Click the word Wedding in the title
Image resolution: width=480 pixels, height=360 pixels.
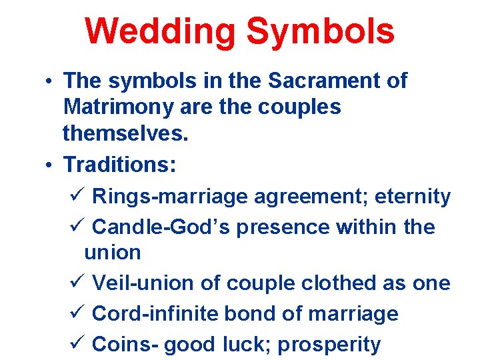tap(160, 31)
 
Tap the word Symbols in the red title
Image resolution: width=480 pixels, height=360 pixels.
tap(321, 31)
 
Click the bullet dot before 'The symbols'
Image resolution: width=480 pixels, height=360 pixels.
tap(50, 82)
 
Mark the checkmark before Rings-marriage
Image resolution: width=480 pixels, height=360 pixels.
tap(75, 197)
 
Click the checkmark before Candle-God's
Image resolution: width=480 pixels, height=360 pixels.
tap(75, 227)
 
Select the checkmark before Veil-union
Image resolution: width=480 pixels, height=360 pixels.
tap(75, 283)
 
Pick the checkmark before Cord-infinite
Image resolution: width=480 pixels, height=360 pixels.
tap(75, 314)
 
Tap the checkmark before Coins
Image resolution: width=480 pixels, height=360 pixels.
tap(75, 345)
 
